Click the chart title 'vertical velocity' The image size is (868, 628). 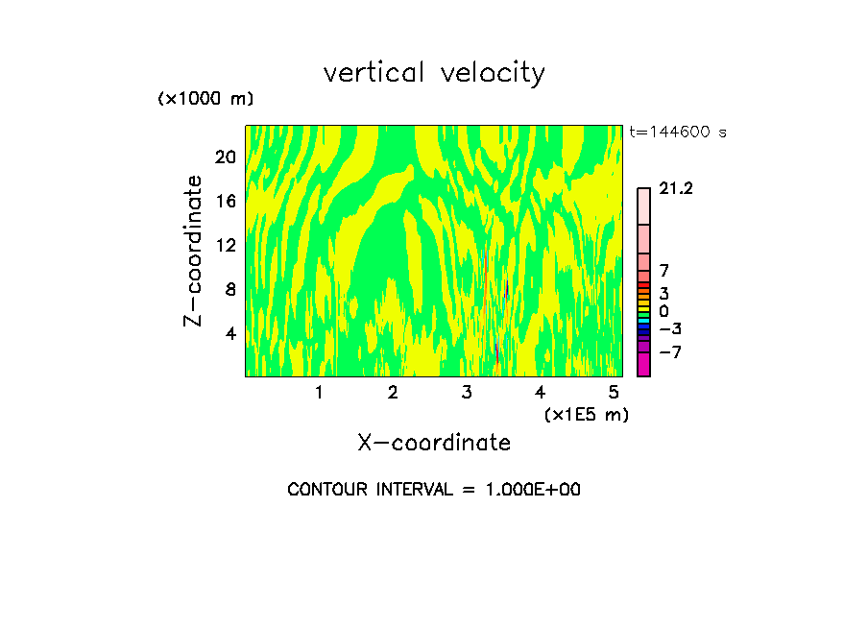coord(434,74)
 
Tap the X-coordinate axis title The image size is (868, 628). coord(434,443)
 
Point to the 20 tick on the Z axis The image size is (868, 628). coord(225,157)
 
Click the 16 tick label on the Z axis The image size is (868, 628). coord(225,202)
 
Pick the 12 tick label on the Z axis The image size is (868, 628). coord(225,246)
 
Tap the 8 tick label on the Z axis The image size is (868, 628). coord(229,290)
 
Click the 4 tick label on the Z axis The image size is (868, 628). coord(229,334)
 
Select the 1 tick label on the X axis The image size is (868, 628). coord(319,393)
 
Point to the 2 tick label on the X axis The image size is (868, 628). coord(393,393)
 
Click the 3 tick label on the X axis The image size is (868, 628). coord(467,393)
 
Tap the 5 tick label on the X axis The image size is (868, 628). coord(614,393)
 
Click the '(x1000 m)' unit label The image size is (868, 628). coord(205,100)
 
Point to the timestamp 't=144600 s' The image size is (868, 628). coord(677,133)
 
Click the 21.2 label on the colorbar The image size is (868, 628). coord(676,189)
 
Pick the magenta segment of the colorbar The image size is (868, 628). coord(643,365)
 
